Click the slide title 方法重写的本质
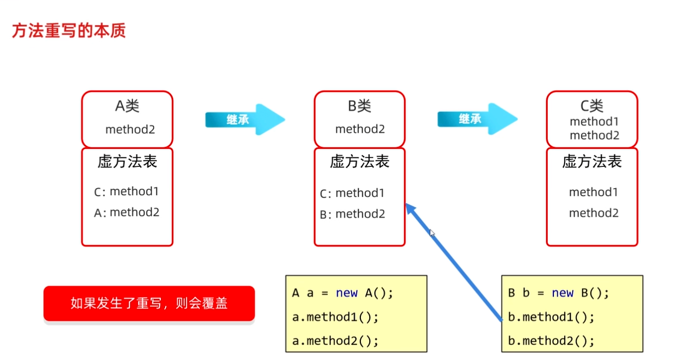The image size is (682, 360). [x=69, y=31]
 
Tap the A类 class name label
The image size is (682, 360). [x=127, y=106]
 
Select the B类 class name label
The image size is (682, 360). [x=360, y=106]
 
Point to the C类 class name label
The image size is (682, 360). [x=591, y=106]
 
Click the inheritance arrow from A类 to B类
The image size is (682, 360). [x=244, y=119]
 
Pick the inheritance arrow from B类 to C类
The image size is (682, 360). [x=477, y=119]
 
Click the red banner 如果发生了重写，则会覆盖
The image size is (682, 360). [x=149, y=304]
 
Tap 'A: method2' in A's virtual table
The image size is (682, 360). [x=127, y=212]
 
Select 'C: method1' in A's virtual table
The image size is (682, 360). [x=127, y=192]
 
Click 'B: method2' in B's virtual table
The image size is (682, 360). [x=352, y=214]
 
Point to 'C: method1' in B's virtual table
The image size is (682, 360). [x=352, y=194]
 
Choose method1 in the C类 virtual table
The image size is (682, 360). [x=593, y=192]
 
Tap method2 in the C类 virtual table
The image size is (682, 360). [x=593, y=213]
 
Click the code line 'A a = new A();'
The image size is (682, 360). [x=343, y=293]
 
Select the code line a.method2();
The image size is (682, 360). [x=335, y=341]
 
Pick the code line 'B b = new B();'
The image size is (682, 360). [x=558, y=293]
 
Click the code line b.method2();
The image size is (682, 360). [x=551, y=341]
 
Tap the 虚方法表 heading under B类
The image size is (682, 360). [x=360, y=162]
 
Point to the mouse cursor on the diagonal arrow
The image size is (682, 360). [x=432, y=233]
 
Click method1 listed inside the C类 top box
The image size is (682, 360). [x=593, y=122]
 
